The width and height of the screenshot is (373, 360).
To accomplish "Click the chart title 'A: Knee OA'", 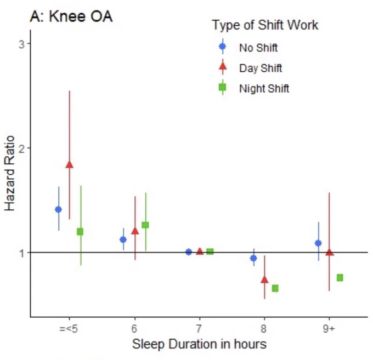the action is coord(71,16).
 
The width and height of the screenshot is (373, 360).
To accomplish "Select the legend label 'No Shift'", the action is coord(258,48).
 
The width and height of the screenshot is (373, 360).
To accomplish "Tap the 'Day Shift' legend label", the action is coord(261,68).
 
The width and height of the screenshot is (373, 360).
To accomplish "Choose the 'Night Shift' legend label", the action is coord(264,89).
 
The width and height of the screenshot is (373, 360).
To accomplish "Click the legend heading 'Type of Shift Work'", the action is coord(265,25).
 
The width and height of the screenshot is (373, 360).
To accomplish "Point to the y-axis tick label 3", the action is coord(21,44).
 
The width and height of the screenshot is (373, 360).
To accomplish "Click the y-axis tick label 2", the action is coord(21,148).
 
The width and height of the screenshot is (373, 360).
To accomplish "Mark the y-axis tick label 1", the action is coord(22,253).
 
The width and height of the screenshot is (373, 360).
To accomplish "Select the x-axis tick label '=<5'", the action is coord(69,329).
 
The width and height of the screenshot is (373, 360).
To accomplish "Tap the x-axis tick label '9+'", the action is coord(329,329).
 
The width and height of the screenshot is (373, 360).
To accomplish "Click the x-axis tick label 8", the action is coord(264,329).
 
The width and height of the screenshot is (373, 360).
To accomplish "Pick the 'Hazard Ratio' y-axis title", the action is coord(9,173).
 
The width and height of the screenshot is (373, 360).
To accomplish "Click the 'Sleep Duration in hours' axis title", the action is coord(199,344).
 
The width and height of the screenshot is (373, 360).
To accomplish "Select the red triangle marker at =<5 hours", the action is coord(70,164).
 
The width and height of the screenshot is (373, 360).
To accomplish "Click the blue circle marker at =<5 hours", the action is coord(59,209).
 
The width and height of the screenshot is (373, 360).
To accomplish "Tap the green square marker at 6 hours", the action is coord(145,225).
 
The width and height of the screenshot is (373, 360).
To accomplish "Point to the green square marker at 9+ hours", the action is coord(340,278).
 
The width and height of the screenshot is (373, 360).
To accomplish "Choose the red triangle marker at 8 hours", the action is coord(264,279).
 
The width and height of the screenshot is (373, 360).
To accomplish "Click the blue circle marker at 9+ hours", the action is coord(318,243).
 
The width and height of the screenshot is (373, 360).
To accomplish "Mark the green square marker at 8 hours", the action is coord(275,288).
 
